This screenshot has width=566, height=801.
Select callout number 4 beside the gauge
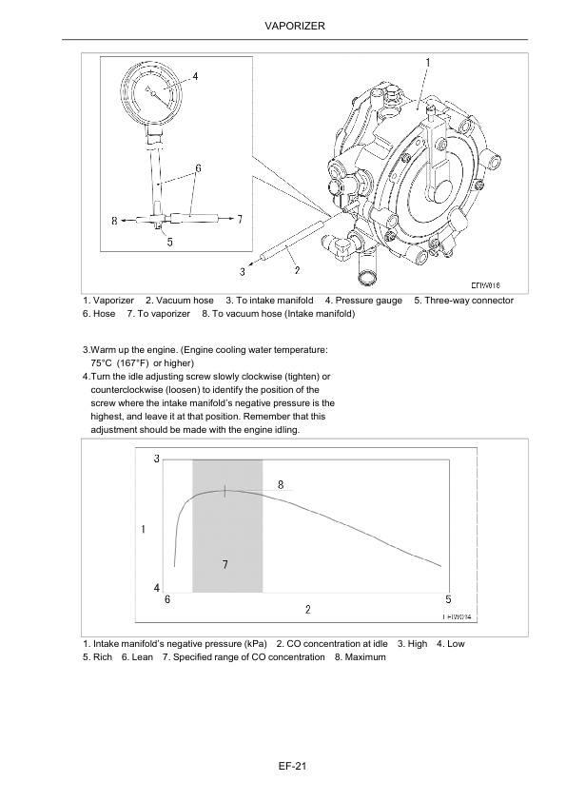click(x=195, y=76)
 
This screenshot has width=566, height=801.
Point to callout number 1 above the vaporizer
click(x=427, y=62)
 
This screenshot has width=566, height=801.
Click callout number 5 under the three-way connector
click(x=169, y=242)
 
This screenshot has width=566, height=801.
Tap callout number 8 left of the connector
click(x=115, y=221)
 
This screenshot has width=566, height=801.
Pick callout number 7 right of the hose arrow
click(x=239, y=219)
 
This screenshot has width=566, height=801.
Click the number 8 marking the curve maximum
click(x=281, y=484)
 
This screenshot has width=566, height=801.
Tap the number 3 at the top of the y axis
click(x=156, y=460)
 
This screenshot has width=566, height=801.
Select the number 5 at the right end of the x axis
click(x=448, y=599)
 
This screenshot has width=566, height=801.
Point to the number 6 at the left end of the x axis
click(x=167, y=599)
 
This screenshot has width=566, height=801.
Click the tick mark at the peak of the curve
click(x=224, y=491)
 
